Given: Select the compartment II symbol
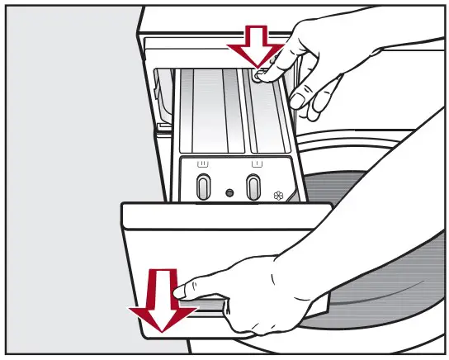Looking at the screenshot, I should [x=201, y=165].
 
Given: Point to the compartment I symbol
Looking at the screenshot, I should [x=255, y=165].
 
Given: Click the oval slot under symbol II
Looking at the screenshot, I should [x=201, y=187].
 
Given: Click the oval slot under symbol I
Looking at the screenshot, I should [x=254, y=187].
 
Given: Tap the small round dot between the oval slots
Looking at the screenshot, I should [x=229, y=192].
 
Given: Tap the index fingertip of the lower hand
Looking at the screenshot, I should [x=182, y=289].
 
